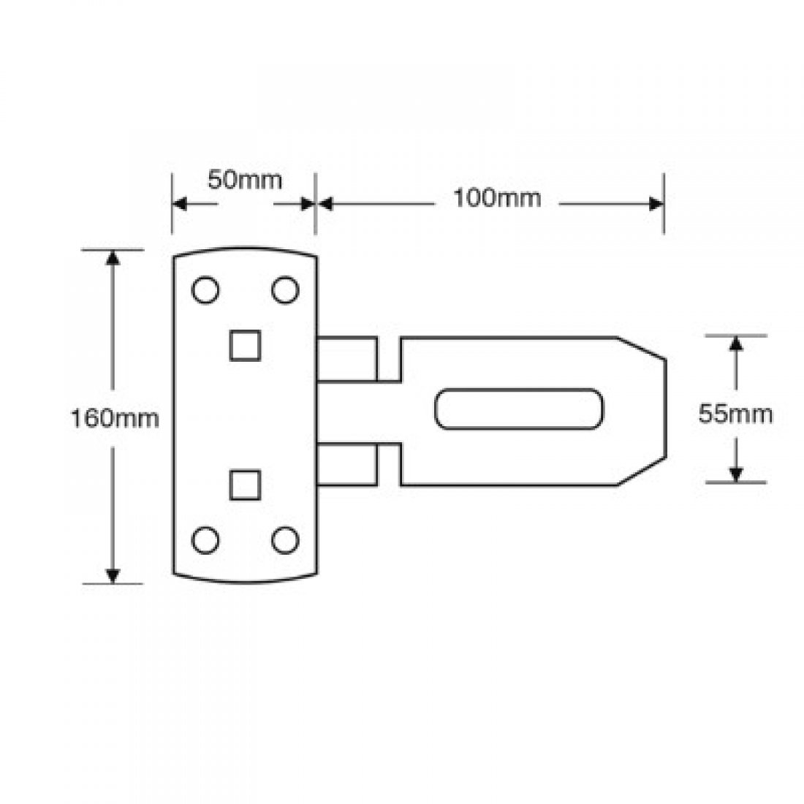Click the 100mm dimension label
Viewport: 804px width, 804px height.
[497, 197]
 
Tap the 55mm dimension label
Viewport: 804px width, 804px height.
[735, 414]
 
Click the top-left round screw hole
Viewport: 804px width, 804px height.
[205, 290]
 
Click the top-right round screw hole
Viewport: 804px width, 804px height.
[286, 290]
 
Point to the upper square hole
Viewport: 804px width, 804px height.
[246, 345]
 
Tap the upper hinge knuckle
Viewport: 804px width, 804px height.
[347, 358]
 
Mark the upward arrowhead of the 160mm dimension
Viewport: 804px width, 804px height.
[112, 259]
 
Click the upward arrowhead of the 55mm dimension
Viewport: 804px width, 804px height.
[736, 346]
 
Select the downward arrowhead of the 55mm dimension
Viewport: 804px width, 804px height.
[736, 473]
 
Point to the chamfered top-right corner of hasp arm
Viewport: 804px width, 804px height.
[642, 348]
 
